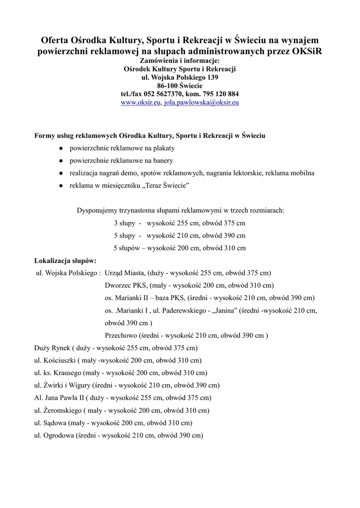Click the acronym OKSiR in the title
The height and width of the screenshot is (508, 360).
pyautogui.click(x=306, y=52)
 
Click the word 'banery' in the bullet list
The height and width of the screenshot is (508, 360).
pyautogui.click(x=163, y=161)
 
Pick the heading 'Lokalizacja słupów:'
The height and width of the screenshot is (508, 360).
pyautogui.click(x=65, y=260)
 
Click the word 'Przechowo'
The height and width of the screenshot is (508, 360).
pyautogui.click(x=121, y=335)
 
